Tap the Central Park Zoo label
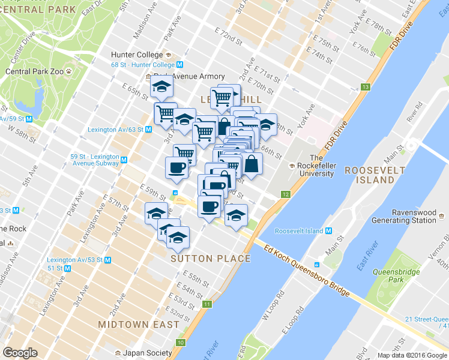pos(35,71)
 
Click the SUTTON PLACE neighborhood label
pos(211,259)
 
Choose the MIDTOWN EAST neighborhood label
pos(139,324)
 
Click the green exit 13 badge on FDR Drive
pos(365,88)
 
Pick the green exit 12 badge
pos(286,194)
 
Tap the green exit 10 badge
pos(181,343)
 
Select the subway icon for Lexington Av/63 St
pos(148,129)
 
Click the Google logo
pos(20,353)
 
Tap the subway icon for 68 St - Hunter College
pos(179,65)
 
